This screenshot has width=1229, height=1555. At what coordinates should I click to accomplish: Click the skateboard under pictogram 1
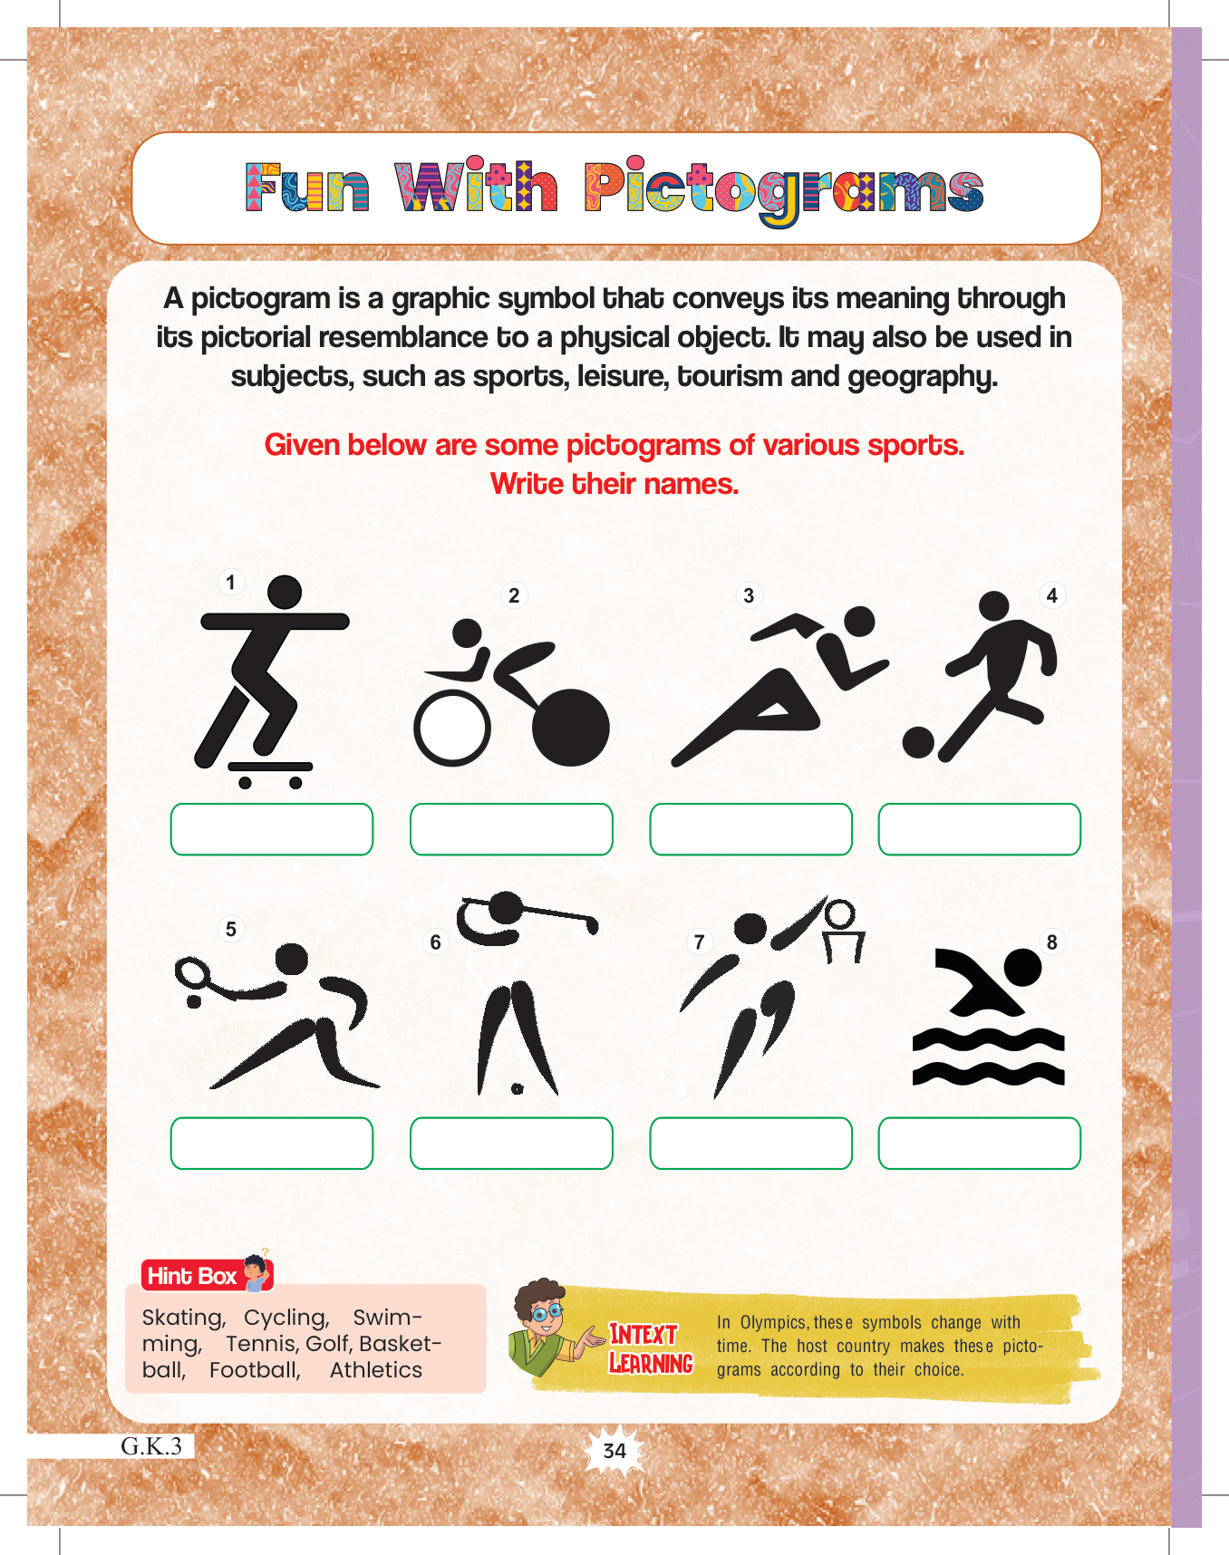(x=270, y=773)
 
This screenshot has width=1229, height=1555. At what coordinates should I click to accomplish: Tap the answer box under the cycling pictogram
(x=511, y=829)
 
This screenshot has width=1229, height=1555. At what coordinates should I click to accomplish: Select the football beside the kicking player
(x=918, y=742)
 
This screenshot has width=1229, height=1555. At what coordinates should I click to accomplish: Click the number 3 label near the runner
(x=749, y=595)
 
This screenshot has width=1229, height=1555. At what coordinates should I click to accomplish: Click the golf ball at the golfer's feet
(x=518, y=1088)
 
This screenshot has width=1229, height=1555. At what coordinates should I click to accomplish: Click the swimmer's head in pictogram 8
(x=1023, y=968)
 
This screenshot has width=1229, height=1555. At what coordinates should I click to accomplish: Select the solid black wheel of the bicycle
(x=571, y=728)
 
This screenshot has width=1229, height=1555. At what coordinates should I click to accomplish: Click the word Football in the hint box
(x=255, y=1370)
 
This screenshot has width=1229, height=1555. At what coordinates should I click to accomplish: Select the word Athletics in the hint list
(x=376, y=1370)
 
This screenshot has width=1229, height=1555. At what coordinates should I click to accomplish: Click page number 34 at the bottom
(x=614, y=1451)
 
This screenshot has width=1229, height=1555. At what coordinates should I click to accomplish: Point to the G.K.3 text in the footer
(x=151, y=1445)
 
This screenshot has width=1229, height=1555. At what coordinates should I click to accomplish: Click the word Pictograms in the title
(x=785, y=190)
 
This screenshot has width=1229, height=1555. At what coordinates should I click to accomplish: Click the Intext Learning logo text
(x=651, y=1348)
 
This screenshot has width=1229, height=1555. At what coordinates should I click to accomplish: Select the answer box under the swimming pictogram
(x=980, y=1144)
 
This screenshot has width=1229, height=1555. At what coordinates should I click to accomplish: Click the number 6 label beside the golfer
(x=436, y=942)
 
